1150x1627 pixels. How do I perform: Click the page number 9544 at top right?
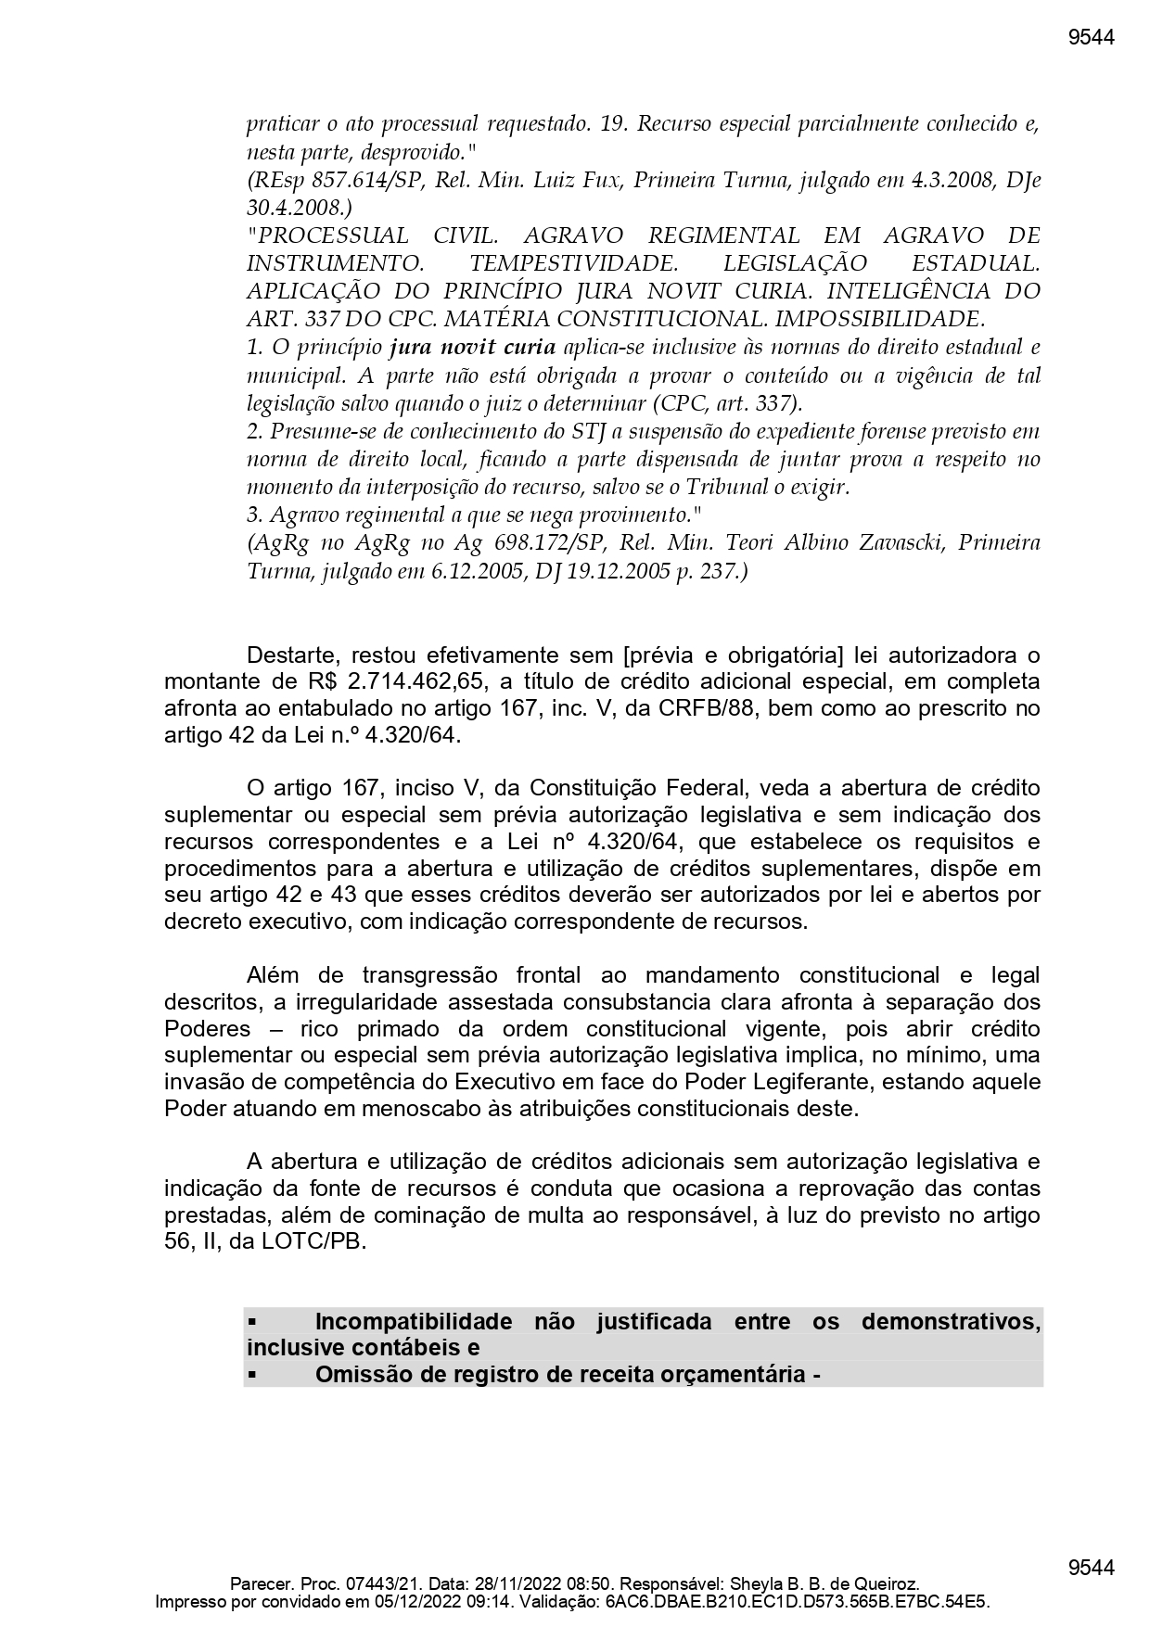(x=1091, y=37)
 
